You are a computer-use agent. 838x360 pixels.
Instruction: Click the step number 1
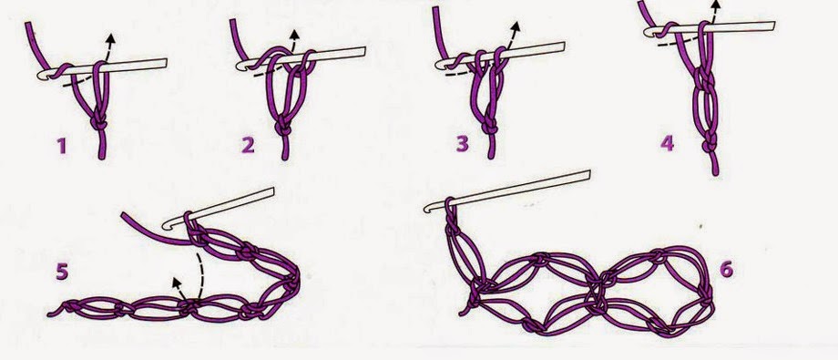point(62,146)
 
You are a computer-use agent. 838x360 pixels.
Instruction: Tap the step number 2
point(248,144)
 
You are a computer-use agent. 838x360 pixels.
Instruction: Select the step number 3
point(463,143)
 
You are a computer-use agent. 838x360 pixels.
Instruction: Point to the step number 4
point(667,143)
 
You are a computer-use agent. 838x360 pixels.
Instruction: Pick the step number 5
point(62,272)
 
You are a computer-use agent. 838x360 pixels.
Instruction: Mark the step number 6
point(726,269)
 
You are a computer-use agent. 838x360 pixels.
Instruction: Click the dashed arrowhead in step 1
point(110,38)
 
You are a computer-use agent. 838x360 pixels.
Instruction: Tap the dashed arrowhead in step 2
point(294,34)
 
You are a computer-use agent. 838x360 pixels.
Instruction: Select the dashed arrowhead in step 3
point(515,26)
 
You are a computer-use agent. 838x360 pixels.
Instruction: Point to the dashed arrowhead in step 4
point(716,5)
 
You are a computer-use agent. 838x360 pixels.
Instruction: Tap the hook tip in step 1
point(40,76)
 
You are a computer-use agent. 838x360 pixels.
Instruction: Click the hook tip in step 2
point(240,66)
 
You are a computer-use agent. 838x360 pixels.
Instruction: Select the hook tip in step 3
point(439,65)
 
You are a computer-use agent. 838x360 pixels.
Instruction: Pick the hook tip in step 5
point(166,226)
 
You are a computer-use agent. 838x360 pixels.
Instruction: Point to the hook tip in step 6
point(427,208)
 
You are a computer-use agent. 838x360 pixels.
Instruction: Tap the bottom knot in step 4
point(710,145)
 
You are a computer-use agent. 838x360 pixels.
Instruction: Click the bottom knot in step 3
point(489,128)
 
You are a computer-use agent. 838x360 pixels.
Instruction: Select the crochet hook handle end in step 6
point(589,174)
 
